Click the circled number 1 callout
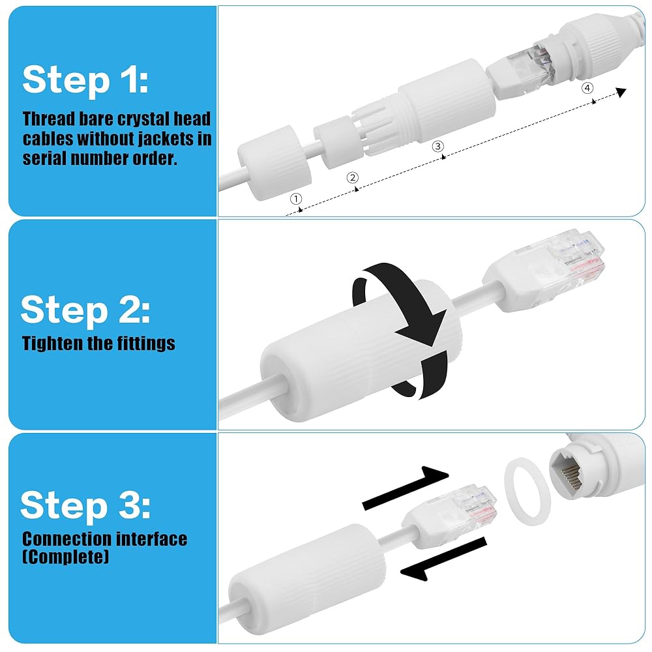296,199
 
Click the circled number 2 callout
353,178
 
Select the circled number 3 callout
437,146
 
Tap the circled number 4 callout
587,88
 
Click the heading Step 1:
85,80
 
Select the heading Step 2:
85,310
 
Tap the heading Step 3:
85,505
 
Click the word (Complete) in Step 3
66,556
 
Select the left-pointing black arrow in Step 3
443,559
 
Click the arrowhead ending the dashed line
621,92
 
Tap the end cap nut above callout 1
274,163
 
